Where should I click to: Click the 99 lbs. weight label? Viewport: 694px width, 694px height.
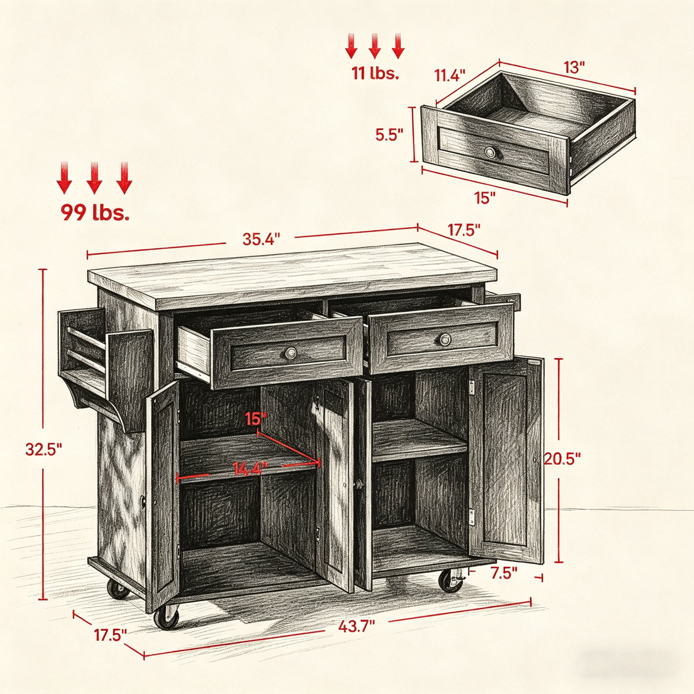(x=95, y=212)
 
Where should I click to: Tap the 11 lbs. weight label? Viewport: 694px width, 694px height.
(x=375, y=73)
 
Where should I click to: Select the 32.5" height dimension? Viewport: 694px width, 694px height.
(x=43, y=449)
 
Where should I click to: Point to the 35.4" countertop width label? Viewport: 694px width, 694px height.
(x=261, y=239)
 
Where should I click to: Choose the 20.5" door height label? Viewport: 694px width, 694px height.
(x=562, y=459)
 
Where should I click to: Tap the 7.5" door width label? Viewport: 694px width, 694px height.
(x=504, y=573)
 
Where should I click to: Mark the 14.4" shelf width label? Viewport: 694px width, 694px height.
(x=250, y=468)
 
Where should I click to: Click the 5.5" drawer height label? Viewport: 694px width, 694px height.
(x=389, y=135)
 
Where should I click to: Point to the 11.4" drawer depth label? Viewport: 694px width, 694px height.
(x=450, y=76)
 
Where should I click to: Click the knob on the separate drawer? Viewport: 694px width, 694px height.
(x=490, y=152)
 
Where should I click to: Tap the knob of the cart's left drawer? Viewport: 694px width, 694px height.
(x=291, y=353)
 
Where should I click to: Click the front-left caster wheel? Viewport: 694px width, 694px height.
(x=166, y=616)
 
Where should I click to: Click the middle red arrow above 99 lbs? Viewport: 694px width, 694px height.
(x=95, y=178)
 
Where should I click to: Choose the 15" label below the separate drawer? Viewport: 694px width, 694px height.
(x=485, y=198)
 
